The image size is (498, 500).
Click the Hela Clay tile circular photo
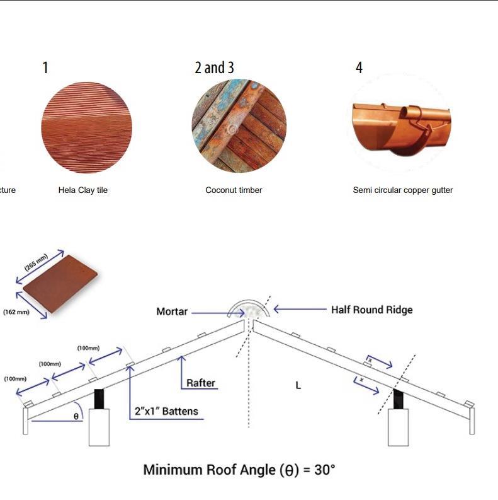coord(86,127)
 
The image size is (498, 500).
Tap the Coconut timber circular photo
coord(239,127)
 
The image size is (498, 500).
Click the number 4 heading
coord(359,67)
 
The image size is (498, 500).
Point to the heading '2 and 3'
coord(214,67)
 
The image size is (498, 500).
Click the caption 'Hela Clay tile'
coord(82,190)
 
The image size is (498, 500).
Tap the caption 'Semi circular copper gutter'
coord(402,190)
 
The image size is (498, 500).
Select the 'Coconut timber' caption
coord(234,190)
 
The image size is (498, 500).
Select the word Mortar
coord(171,311)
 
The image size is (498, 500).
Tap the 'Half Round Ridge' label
coord(371,310)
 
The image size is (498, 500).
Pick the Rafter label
coord(201,383)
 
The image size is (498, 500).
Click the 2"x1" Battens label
coord(166,411)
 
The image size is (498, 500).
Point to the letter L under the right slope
coord(298,385)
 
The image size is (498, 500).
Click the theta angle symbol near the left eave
coord(76,416)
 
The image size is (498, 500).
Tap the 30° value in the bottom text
coord(324,470)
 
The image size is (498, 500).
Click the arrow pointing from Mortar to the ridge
coord(208,311)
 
